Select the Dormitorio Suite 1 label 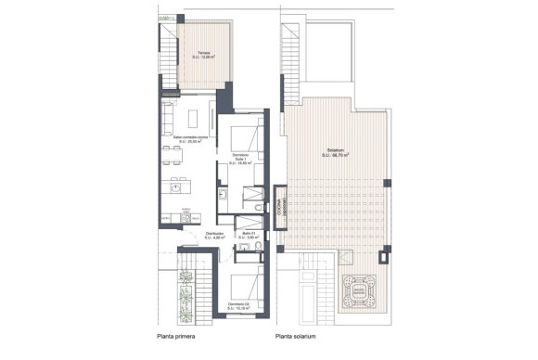coord(240,158)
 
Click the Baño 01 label coord(244,236)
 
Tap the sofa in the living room coord(167,119)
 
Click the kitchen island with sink coord(178,187)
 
